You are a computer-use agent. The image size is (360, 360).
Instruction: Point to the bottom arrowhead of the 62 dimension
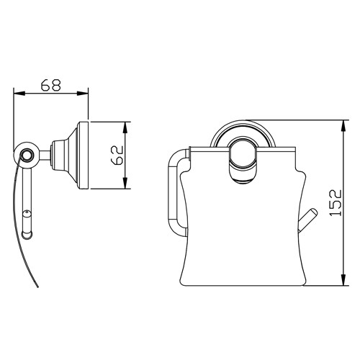point(127,186)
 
